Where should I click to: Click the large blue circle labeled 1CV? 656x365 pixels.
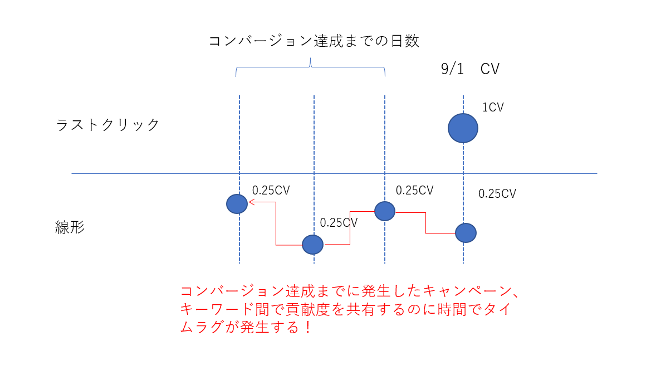tap(463, 128)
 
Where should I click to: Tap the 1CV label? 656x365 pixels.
tap(493, 108)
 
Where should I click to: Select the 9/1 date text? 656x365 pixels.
tap(452, 69)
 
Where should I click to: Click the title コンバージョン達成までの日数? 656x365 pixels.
tap(314, 41)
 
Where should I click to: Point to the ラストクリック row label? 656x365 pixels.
tap(108, 125)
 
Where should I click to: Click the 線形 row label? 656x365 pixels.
tap(70, 227)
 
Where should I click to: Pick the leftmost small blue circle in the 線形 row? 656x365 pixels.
tap(237, 204)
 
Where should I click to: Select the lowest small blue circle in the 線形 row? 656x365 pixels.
tap(312, 244)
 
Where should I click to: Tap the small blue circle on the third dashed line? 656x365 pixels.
tap(385, 211)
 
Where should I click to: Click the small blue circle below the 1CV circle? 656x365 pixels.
tap(466, 232)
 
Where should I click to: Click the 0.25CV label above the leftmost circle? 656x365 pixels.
tap(271, 191)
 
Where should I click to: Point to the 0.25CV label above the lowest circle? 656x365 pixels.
tap(339, 223)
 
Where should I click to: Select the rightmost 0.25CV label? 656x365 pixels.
tap(497, 194)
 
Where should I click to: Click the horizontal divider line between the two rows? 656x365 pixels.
tap(334, 174)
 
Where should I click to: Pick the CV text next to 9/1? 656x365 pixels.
tap(490, 69)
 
